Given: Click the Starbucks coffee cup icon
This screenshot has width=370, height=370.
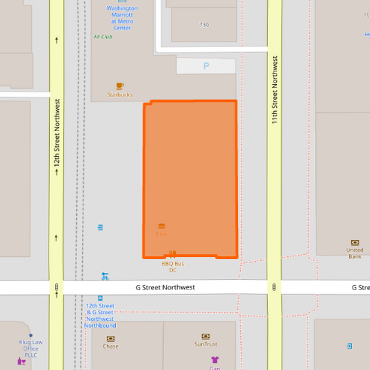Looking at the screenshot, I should [119, 86].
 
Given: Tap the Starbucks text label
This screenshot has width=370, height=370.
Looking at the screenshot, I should [119, 95].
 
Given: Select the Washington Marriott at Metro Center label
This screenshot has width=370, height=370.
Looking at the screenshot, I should [122, 18].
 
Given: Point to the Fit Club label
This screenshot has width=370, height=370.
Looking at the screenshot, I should [103, 37].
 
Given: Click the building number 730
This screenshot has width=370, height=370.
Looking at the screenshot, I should [203, 25].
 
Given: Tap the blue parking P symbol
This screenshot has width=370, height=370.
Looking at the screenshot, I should [205, 66].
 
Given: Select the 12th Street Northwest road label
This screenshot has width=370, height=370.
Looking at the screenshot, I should [56, 135].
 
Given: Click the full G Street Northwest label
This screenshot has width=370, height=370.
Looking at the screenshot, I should [165, 287].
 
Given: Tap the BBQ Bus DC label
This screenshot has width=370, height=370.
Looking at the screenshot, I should [173, 267].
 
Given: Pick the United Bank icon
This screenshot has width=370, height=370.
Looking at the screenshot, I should [355, 242].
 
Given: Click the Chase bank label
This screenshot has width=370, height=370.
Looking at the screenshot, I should [111, 346].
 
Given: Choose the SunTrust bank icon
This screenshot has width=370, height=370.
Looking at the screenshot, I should [205, 337].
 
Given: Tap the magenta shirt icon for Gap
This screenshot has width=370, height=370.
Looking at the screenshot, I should [215, 360].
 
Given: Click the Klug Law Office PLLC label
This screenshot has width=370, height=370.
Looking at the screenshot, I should [31, 348].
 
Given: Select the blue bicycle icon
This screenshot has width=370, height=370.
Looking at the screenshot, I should [105, 276].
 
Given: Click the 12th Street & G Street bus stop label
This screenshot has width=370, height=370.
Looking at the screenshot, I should [101, 316].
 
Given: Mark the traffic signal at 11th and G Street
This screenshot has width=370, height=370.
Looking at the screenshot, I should [275, 287].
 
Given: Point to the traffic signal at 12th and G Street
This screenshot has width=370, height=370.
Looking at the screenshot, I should [56, 287].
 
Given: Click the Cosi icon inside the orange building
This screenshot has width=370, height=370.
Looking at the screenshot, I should [162, 226].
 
